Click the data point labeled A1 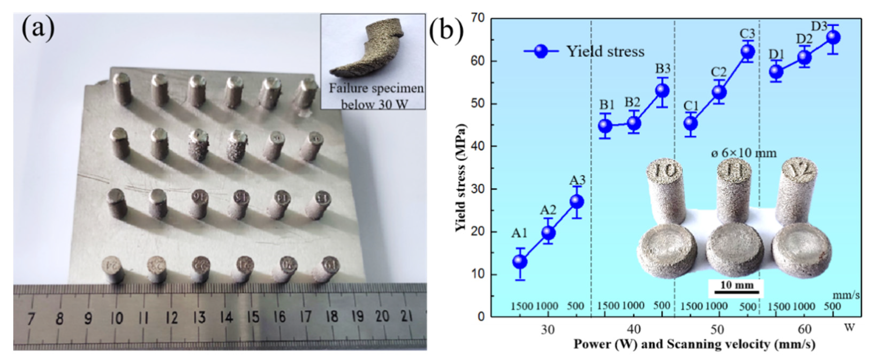[x=520, y=261]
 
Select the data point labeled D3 [x=833, y=37]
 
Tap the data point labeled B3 [x=662, y=90]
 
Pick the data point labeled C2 [x=719, y=92]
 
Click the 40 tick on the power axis [x=633, y=330]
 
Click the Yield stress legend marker [x=541, y=51]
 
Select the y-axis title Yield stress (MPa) [x=460, y=177]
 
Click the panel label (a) [x=38, y=30]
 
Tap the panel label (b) [x=446, y=30]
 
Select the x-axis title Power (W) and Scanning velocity [x=694, y=344]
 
